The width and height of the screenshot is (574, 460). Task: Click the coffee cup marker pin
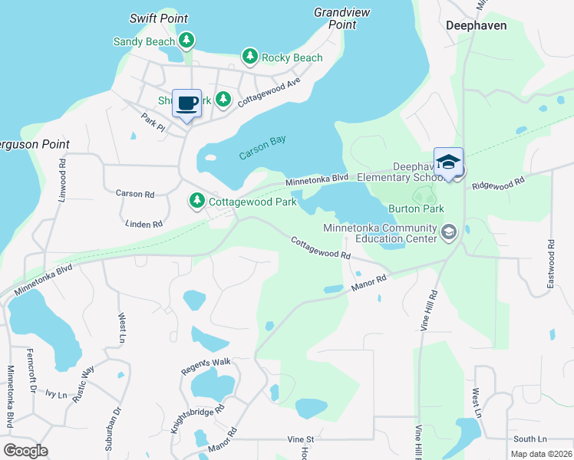(186, 103)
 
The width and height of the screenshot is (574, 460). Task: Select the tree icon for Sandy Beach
(186, 40)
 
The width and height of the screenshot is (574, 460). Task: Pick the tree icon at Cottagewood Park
(197, 201)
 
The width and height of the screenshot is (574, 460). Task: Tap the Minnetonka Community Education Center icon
(448, 231)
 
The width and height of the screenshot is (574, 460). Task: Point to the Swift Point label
(159, 18)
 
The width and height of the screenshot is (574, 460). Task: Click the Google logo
(25, 450)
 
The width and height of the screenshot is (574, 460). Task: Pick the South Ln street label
(529, 439)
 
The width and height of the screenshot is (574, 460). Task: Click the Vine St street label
(301, 439)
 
